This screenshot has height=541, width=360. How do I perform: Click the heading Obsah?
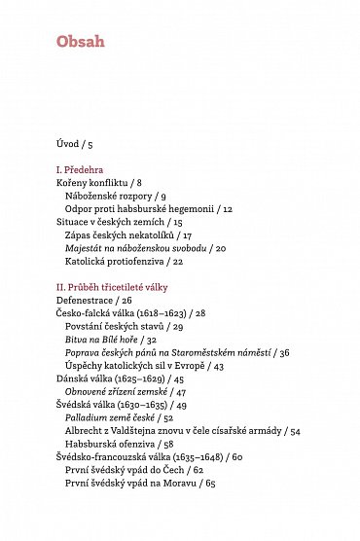80,42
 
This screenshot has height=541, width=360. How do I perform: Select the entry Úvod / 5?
75,144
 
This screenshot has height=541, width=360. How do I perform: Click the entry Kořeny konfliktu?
98,182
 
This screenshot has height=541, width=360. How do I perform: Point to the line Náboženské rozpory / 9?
115,196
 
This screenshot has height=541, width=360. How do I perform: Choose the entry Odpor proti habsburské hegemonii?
149,208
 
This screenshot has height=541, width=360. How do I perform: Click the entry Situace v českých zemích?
119,222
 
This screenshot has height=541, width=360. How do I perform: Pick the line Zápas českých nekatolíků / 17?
127,234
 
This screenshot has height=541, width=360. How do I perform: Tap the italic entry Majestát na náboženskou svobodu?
145,248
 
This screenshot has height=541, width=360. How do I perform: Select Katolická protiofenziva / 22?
124,261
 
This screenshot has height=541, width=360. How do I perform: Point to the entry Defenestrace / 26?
93,301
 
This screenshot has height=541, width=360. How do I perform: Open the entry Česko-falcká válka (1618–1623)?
130,313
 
